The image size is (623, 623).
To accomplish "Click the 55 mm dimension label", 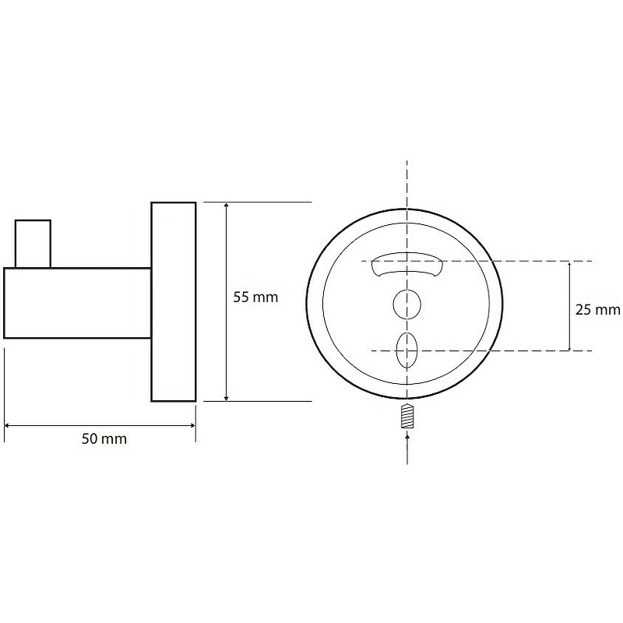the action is (x=255, y=297).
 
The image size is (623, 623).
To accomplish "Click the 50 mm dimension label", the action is (x=104, y=439).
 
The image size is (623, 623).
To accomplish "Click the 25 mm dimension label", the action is (x=597, y=309).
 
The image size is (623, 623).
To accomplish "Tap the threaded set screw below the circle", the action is (x=407, y=416).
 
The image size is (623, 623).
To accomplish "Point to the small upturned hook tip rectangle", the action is (x=33, y=244).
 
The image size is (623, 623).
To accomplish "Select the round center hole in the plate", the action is (x=407, y=304).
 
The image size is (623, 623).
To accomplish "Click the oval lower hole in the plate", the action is (x=407, y=350).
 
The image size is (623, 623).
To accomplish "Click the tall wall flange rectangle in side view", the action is (x=174, y=301).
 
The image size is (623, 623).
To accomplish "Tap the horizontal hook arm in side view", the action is (x=77, y=303).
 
